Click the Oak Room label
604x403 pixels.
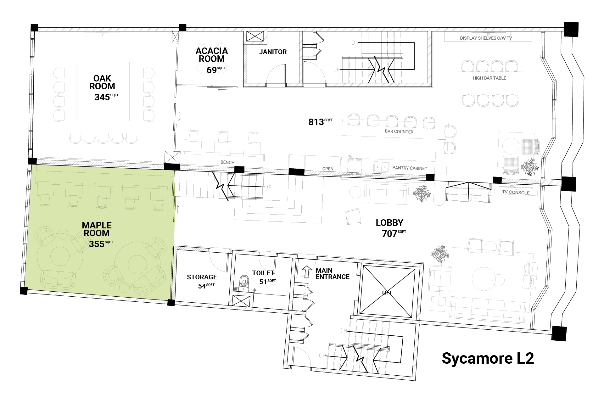tap(102, 82)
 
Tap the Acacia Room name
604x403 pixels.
tap(212, 55)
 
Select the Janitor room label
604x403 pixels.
tap(273, 52)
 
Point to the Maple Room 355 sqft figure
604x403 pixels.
tap(101, 244)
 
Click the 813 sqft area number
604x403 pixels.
tap(320, 122)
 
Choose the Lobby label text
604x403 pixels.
tap(389, 223)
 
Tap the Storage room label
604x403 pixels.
tap(202, 277)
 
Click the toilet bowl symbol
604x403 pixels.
tap(244, 283)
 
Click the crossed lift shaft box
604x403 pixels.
tap(387, 291)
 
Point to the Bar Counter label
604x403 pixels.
tap(399, 132)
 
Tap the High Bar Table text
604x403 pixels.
tap(489, 78)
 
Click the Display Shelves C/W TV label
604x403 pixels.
tap(486, 38)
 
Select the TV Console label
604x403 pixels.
tap(516, 192)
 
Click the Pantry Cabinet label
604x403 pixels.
tap(410, 168)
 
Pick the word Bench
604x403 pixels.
tap(227, 162)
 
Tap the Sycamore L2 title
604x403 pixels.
tap(488, 358)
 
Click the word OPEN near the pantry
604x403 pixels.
tap(328, 169)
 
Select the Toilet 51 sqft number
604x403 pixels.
tap(267, 282)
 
